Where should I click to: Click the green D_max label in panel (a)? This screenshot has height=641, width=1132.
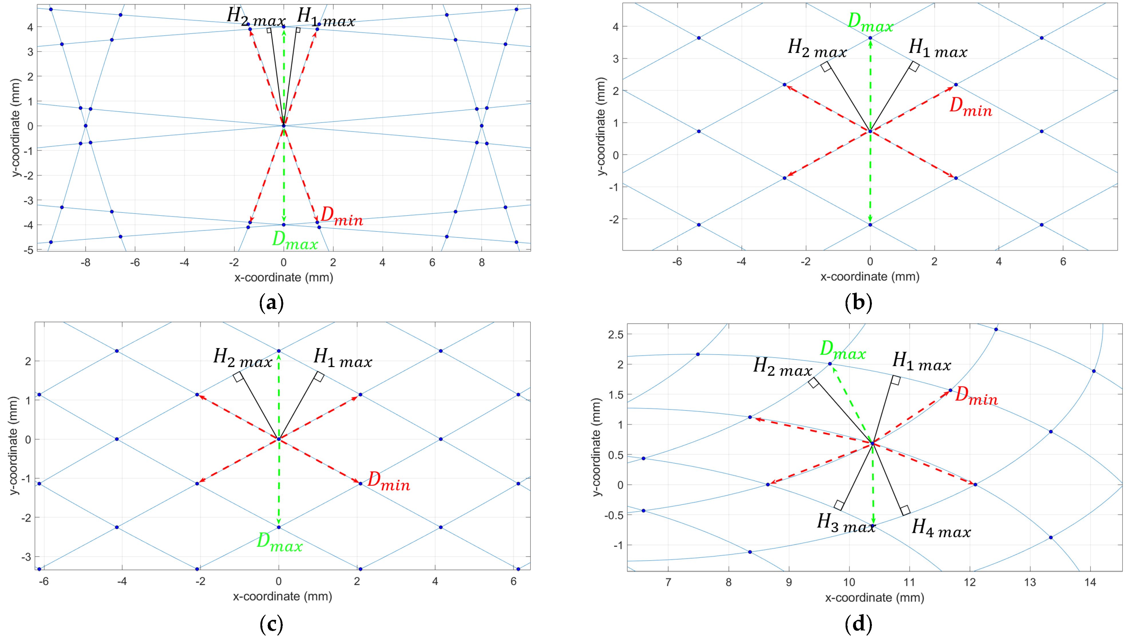[294, 240]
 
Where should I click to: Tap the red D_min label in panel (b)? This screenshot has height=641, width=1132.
[970, 107]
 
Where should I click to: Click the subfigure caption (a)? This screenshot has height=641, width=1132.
[272, 303]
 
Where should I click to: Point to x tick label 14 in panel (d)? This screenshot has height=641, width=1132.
[1090, 582]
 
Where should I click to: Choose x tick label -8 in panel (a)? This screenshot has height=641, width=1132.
[86, 263]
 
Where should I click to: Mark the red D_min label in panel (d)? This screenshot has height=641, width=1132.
[976, 396]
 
